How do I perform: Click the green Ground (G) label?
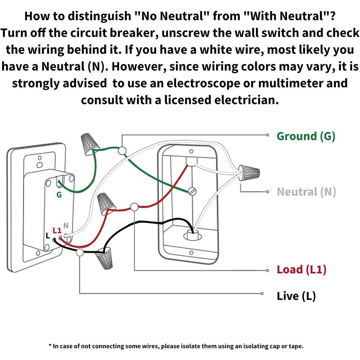tap(306, 136)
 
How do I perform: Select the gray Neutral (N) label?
tap(306, 192)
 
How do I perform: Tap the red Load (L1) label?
tap(301, 269)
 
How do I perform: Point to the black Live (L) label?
tap(296, 296)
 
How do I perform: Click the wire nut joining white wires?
tap(249, 172)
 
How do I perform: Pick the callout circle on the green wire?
tap(122, 150)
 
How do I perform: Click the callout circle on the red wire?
tap(134, 207)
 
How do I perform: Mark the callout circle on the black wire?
tap(80, 253)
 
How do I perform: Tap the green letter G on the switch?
tap(59, 195)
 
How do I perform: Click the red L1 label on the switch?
tap(57, 230)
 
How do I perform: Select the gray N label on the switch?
tap(66, 226)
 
